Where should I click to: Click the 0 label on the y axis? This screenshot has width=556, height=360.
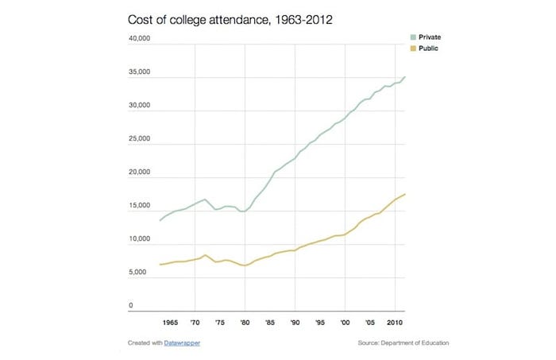pyautogui.click(x=131, y=306)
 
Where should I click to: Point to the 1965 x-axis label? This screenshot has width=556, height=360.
pyautogui.click(x=170, y=323)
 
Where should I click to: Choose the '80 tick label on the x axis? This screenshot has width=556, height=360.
pyautogui.click(x=245, y=323)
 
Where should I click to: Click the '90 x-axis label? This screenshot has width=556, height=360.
pyautogui.click(x=295, y=323)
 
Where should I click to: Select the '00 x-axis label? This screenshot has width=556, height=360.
pyautogui.click(x=345, y=323)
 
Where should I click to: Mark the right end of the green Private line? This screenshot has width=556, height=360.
pyautogui.click(x=406, y=77)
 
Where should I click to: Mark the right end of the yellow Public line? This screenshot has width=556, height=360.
pyautogui.click(x=406, y=195)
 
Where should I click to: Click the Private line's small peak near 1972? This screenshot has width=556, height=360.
pyautogui.click(x=205, y=199)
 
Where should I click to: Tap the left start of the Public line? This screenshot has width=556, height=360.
pyautogui.click(x=160, y=265)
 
